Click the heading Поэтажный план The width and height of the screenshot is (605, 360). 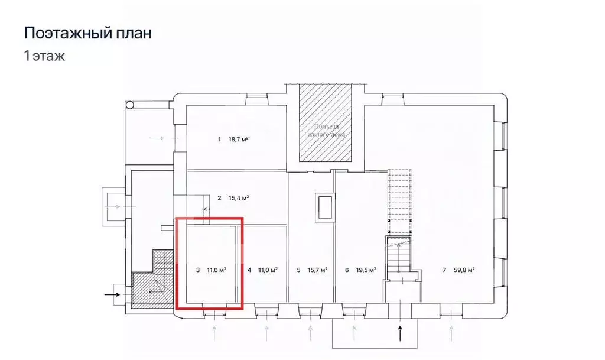87,33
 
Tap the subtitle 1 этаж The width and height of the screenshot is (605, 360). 44,57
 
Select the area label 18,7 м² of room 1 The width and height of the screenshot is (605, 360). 238,140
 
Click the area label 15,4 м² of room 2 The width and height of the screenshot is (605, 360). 238,198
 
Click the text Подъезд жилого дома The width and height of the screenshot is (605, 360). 325,131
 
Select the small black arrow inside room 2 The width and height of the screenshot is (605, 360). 207,209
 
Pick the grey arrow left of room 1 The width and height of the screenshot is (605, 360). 158,138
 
